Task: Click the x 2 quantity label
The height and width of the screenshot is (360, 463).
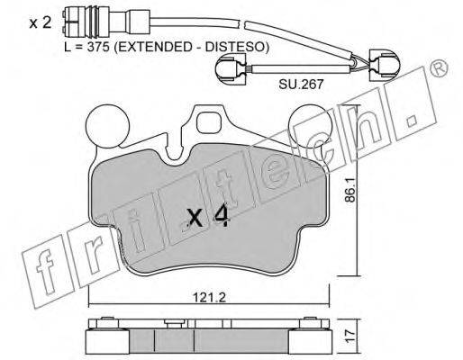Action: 41,22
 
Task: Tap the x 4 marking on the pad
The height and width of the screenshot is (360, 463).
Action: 208,217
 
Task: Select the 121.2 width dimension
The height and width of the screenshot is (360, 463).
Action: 209,297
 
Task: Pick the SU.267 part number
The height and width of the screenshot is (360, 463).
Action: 301,84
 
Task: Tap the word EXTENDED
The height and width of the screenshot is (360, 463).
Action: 152,47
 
